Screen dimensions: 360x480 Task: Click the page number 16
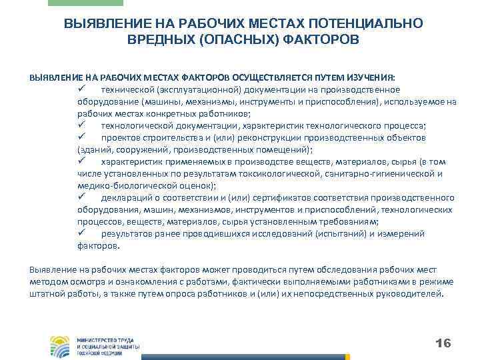coord(443,343)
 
